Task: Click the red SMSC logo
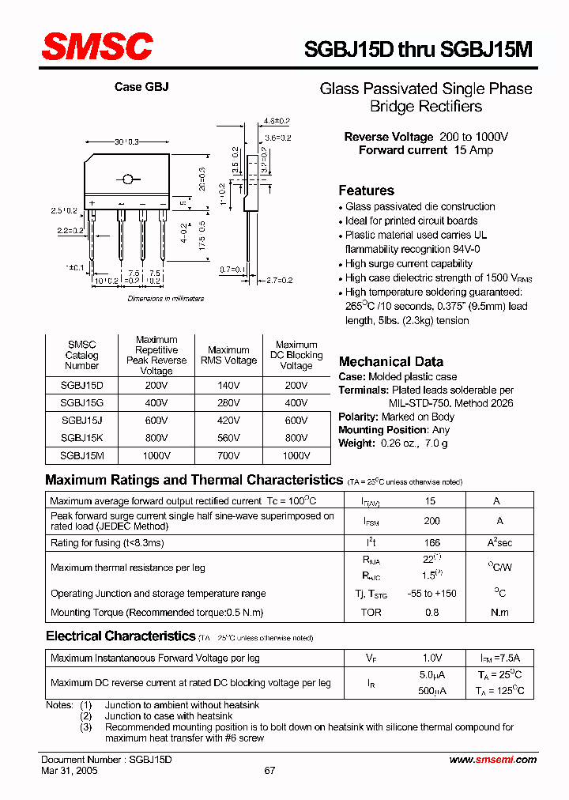[x=96, y=46]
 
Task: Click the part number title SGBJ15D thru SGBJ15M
[x=418, y=49]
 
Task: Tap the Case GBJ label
[x=141, y=87]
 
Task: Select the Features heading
[x=366, y=191]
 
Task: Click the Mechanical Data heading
[x=390, y=361]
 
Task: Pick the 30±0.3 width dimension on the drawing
[x=126, y=142]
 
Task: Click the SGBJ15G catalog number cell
[x=81, y=402]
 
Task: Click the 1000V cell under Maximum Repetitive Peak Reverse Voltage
[x=156, y=456]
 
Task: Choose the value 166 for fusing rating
[x=431, y=543]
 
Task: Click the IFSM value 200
[x=431, y=521]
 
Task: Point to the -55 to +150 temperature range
[x=431, y=594]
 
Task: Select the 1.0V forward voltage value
[x=431, y=658]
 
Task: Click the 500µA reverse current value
[x=431, y=691]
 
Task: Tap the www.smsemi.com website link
[x=492, y=759]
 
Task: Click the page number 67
[x=269, y=771]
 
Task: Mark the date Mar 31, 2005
[x=70, y=771]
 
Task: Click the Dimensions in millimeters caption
[x=165, y=299]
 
